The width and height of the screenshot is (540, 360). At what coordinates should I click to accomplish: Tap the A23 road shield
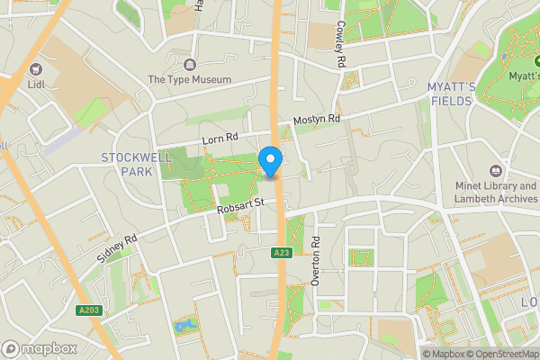point(281,255)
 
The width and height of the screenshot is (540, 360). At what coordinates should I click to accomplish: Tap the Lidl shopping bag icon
point(37,67)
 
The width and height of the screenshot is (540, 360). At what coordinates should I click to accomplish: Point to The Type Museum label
point(190,79)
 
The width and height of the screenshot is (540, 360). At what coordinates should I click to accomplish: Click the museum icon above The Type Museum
point(190,64)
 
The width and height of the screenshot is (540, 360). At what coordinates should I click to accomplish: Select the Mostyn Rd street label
point(317,120)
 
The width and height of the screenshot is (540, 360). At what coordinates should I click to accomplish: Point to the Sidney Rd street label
point(117,248)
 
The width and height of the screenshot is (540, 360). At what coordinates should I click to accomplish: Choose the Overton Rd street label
point(316,261)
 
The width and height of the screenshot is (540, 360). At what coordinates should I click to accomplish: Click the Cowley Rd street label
point(342,45)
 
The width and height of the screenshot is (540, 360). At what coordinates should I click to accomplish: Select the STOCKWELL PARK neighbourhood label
point(135,164)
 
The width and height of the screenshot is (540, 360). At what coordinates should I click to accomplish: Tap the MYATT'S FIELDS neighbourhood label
point(451,94)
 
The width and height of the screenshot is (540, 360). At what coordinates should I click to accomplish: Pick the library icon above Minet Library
point(495,170)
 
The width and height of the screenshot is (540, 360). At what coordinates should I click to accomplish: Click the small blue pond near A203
point(185,325)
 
